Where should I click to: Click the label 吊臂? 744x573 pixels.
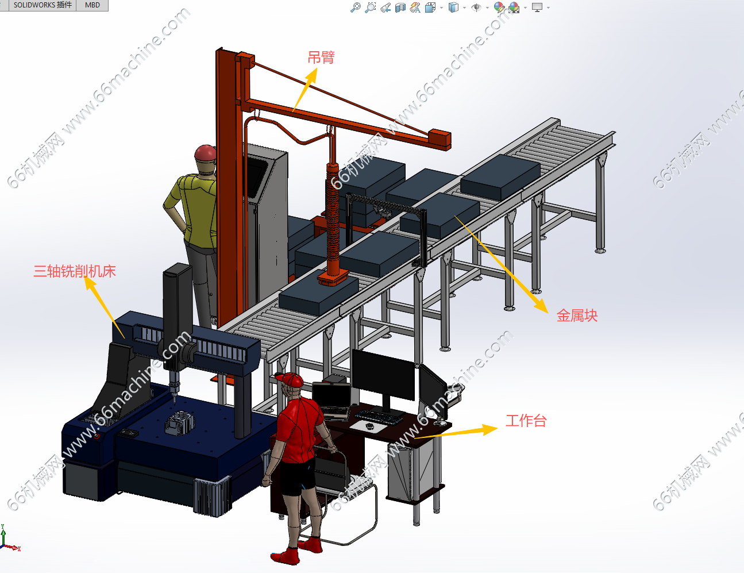[x=321, y=57]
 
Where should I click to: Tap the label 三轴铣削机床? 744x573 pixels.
[x=75, y=271]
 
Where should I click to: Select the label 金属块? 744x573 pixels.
[x=577, y=316]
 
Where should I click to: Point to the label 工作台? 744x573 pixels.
[x=526, y=421]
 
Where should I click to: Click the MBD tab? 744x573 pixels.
[x=92, y=5]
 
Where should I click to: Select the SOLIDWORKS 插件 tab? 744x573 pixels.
[x=43, y=5]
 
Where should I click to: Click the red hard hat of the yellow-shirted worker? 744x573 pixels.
[x=206, y=153]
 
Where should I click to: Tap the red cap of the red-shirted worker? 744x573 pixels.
[x=290, y=380]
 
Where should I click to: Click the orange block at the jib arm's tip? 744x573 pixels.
[x=440, y=140]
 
